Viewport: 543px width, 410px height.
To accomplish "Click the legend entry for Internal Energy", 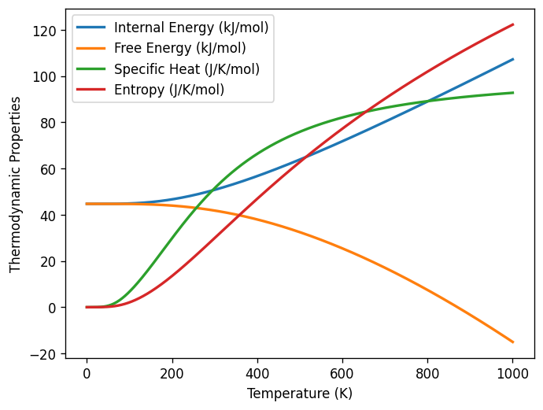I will coord(191,28).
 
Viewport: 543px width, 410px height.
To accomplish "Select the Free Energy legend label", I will coord(180,49).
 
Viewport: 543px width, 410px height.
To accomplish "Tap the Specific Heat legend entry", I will coord(187,69).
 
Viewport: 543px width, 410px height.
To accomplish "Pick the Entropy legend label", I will coord(169,90).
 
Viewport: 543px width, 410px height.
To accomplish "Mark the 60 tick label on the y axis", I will coord(52,169).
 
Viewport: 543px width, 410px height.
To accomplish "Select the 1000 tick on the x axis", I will coord(512,375).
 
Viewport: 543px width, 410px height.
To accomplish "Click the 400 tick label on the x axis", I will coord(257,375).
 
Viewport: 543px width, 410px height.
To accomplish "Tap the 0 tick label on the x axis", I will coord(87,375).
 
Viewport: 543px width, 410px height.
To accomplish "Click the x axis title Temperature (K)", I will coord(299,393).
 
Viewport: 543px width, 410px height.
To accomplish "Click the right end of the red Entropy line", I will coord(512,24).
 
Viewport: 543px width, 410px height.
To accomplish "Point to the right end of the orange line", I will coord(512,342).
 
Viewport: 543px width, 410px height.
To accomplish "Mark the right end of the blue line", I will coord(512,59).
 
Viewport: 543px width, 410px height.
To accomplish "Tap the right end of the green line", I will coord(512,93).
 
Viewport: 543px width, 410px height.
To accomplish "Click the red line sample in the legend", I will coord(91,90).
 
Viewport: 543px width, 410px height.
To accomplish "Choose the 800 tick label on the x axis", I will coord(427,375).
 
